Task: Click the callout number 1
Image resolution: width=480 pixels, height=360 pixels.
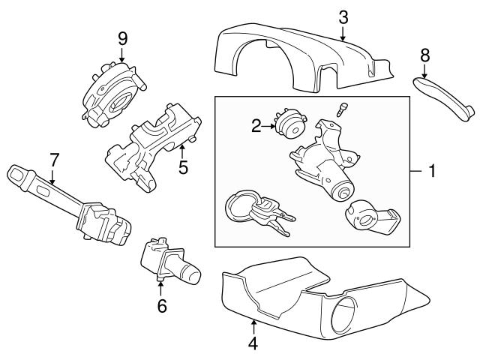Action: point(431,172)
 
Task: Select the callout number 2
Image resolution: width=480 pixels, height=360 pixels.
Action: point(256,126)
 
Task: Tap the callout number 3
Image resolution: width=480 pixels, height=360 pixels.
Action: point(343,16)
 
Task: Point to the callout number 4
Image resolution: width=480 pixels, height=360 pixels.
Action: point(253,343)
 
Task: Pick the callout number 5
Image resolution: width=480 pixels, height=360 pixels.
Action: point(182,167)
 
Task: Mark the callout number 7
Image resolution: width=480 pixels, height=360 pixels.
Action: point(53,159)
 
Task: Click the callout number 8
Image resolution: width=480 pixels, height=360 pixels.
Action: point(424,55)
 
